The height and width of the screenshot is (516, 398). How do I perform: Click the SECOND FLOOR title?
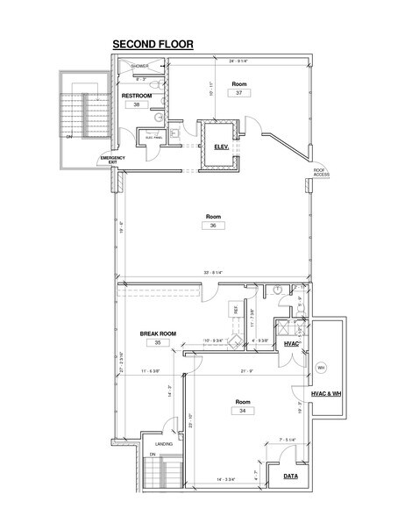(153, 43)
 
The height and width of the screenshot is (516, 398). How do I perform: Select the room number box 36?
(213, 226)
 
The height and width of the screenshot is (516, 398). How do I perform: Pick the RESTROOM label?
(137, 95)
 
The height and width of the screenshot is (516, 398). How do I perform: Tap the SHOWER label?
(140, 66)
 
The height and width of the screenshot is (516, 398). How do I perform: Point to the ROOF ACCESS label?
(323, 172)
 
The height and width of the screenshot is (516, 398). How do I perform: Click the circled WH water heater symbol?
(321, 367)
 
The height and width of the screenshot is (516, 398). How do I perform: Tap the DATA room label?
(289, 477)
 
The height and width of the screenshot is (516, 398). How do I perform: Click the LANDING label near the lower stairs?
(164, 445)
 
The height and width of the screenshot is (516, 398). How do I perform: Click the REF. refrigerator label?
(234, 310)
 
